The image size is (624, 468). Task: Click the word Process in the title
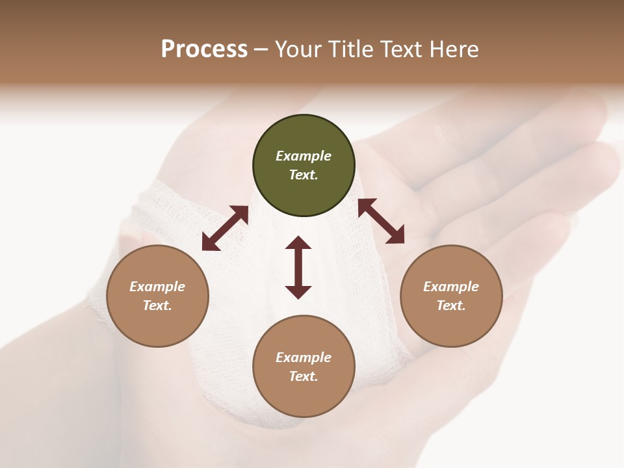204,49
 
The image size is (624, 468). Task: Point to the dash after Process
261,50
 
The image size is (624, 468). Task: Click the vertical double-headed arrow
298,267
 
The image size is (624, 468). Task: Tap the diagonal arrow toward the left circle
225,228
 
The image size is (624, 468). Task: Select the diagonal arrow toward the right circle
381,221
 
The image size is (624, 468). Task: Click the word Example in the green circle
304,156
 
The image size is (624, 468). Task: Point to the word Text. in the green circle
304,175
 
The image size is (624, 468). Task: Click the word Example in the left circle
157,287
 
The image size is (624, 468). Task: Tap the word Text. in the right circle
451,305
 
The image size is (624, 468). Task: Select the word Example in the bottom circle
304,357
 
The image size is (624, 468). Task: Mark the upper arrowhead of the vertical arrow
298,243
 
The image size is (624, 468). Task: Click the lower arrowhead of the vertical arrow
298,291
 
